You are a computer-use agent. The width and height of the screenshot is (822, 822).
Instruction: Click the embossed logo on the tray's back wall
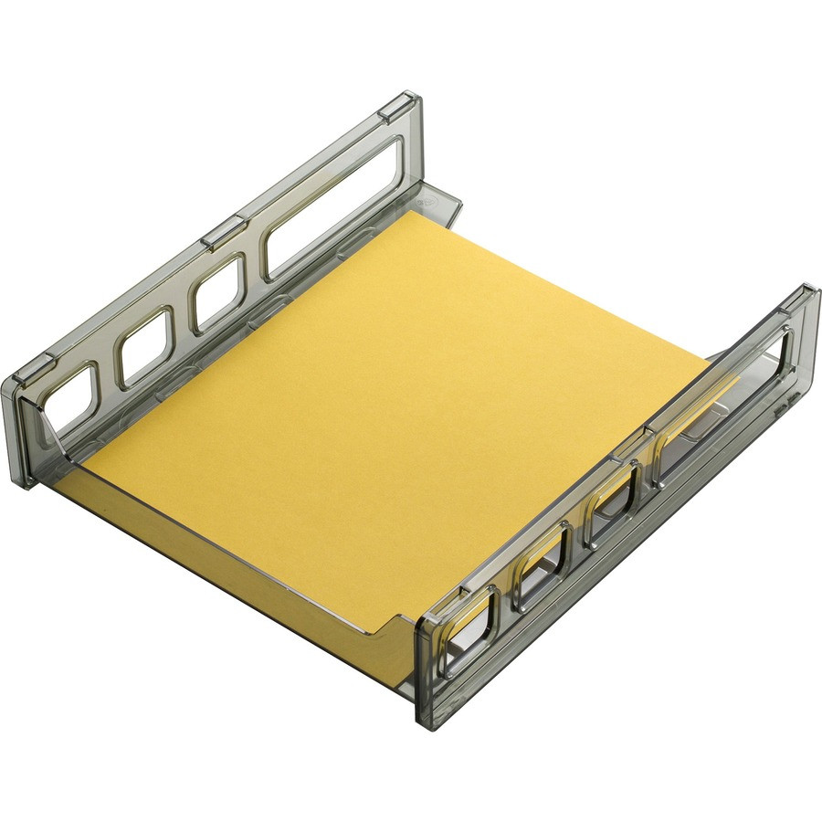(422, 194)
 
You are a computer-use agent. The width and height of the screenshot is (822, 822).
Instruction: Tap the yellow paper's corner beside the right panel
(711, 364)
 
